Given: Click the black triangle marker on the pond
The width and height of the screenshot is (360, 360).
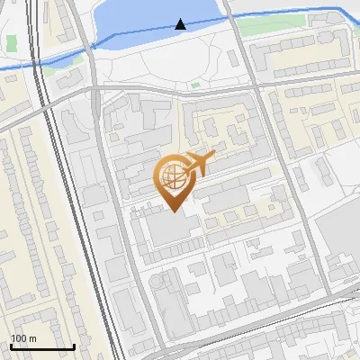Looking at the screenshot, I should tap(181, 24).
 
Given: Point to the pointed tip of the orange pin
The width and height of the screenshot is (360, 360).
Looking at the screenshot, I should tap(172, 211).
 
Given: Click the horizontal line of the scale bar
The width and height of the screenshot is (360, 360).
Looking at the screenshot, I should tap(42, 346).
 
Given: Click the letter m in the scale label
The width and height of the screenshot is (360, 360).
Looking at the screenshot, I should tap(32, 338).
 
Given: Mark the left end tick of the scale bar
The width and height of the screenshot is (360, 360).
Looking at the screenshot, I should tap(11, 345).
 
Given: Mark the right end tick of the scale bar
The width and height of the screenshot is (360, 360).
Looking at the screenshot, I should tap(74, 345).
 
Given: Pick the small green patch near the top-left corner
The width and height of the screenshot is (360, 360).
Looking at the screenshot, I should tap(12, 42).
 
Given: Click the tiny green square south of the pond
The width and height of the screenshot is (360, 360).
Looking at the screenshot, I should tap(195, 85).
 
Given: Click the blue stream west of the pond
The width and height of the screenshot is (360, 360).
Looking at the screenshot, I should tap(54, 58).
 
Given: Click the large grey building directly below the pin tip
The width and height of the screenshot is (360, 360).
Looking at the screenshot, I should tap(171, 230).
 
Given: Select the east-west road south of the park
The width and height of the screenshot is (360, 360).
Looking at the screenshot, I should tap(180, 93).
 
